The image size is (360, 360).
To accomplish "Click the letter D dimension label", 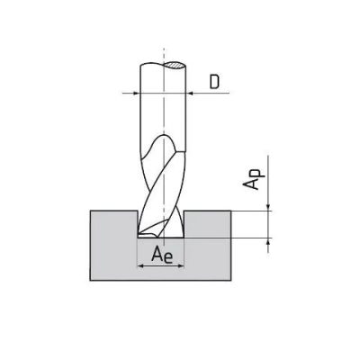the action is click(x=214, y=82).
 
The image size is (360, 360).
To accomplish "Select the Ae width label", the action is click(x=162, y=255).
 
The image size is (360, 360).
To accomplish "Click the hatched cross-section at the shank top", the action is click(x=174, y=65).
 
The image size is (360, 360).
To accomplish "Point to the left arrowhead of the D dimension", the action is click(x=137, y=94).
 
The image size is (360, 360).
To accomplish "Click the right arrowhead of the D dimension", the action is click(x=189, y=94).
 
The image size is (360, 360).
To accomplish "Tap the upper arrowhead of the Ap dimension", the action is click(x=268, y=208).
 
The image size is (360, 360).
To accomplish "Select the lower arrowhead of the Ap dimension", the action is click(x=268, y=241).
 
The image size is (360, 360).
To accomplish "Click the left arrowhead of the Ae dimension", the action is click(x=140, y=265).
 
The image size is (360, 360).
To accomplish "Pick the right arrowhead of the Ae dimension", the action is click(x=180, y=265).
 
